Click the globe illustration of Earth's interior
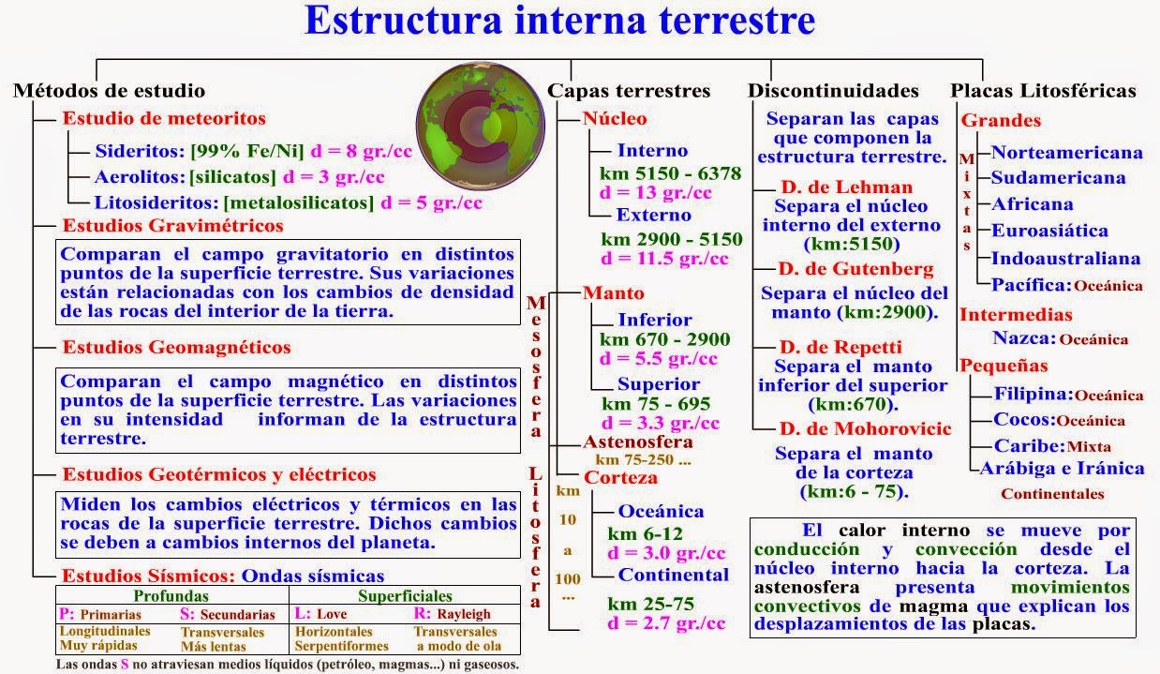point(481,126)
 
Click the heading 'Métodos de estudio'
point(110,91)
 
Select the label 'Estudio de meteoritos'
point(164,118)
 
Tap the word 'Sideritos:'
point(140,151)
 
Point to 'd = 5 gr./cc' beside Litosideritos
point(431,202)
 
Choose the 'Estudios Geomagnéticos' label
point(176,347)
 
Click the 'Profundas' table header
point(171,596)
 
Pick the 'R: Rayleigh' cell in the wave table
point(452,614)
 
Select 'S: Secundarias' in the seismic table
point(228,614)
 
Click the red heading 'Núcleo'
point(615,119)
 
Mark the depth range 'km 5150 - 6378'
point(671,173)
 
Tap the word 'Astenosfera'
point(638,442)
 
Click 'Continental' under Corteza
point(673,575)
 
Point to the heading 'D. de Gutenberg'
point(856,268)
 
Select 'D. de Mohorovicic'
point(866,428)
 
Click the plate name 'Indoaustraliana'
point(1065,258)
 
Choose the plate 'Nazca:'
point(1024,338)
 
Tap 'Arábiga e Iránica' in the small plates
point(1062,469)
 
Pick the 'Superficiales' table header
point(405,596)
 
